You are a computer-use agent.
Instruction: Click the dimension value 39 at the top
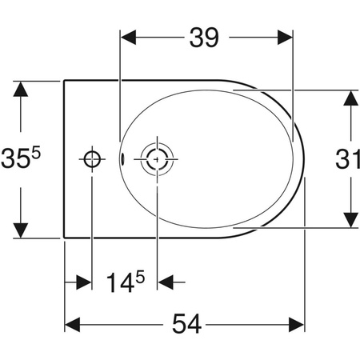205,38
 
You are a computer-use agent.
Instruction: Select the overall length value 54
186,325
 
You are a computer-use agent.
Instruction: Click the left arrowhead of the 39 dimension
127,38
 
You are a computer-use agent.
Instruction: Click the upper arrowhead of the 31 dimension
349,98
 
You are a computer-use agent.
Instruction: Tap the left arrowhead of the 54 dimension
73,325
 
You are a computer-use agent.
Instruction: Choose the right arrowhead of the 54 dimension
297,325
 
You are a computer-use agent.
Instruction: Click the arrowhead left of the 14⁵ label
82,282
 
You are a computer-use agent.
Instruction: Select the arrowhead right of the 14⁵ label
166,282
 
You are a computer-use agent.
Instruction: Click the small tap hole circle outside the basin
93,158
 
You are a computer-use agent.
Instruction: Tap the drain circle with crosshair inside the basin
155,158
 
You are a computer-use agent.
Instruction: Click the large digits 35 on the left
18,159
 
